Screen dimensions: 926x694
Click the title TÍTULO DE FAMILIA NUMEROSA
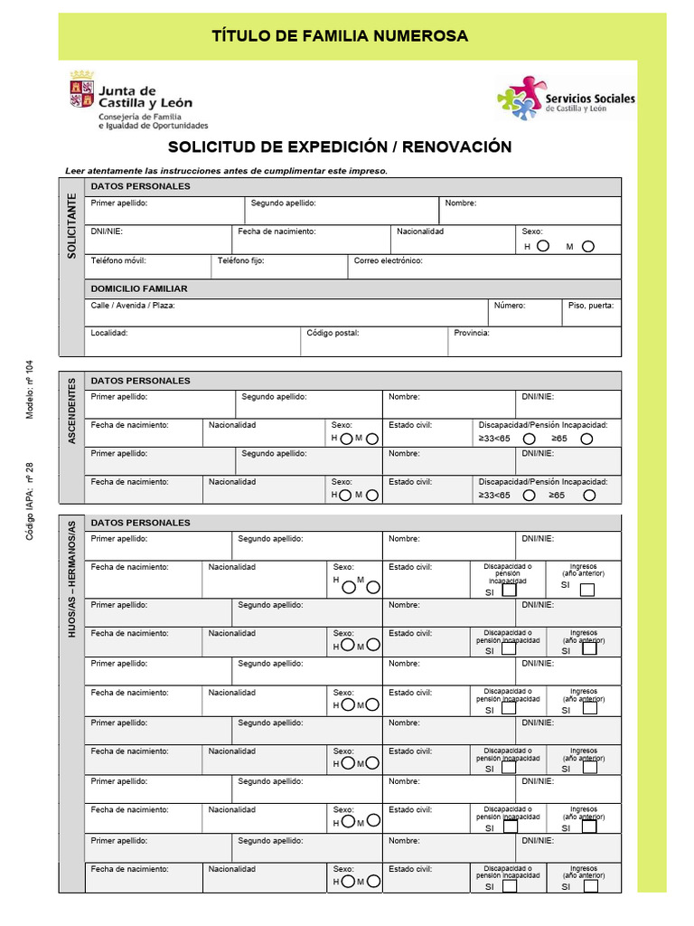tap(340, 36)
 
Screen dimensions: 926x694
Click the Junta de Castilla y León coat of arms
tap(81, 94)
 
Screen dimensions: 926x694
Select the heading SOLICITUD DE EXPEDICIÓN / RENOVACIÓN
tap(340, 146)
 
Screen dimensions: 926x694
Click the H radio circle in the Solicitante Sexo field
tap(543, 246)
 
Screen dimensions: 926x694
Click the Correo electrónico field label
tap(388, 260)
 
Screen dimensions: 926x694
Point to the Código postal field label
tap(333, 333)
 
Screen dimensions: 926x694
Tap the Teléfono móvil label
tap(118, 260)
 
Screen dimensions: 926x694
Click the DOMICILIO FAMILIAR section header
tap(139, 288)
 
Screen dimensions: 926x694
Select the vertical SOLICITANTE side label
tap(72, 226)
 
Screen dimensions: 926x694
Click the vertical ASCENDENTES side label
tap(72, 411)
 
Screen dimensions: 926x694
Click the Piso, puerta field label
tap(591, 306)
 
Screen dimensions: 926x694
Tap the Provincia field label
tap(472, 333)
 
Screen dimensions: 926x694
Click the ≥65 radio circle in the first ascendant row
tap(587, 439)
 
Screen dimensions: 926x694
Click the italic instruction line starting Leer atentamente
tap(226, 170)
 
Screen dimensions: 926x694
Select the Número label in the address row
tap(509, 306)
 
